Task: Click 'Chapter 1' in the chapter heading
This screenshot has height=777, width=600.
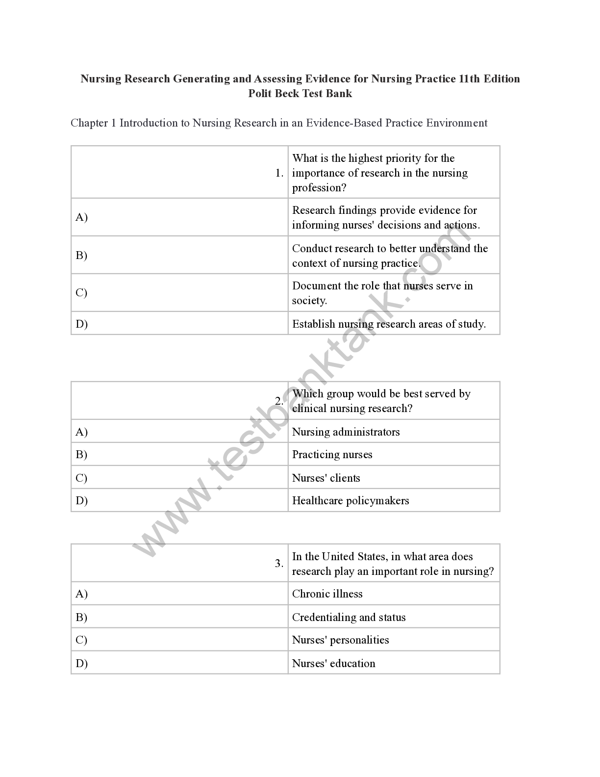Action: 93,123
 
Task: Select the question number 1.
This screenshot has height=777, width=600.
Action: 279,173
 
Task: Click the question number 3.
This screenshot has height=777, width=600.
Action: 279,564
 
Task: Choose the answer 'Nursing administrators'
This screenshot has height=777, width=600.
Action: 346,432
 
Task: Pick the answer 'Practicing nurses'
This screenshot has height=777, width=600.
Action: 332,455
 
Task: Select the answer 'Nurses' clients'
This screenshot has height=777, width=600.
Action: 326,478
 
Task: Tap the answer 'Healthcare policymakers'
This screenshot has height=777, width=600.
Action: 350,501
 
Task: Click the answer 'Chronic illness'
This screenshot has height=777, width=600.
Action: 327,594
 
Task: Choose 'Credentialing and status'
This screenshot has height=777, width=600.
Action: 349,618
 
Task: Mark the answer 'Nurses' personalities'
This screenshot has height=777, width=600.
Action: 340,640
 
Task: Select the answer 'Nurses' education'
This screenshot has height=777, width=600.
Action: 333,664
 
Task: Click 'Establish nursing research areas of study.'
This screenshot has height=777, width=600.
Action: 389,324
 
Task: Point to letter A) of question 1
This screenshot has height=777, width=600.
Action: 81,217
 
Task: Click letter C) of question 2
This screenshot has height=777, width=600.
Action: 81,478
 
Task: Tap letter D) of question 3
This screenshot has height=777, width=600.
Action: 81,664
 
